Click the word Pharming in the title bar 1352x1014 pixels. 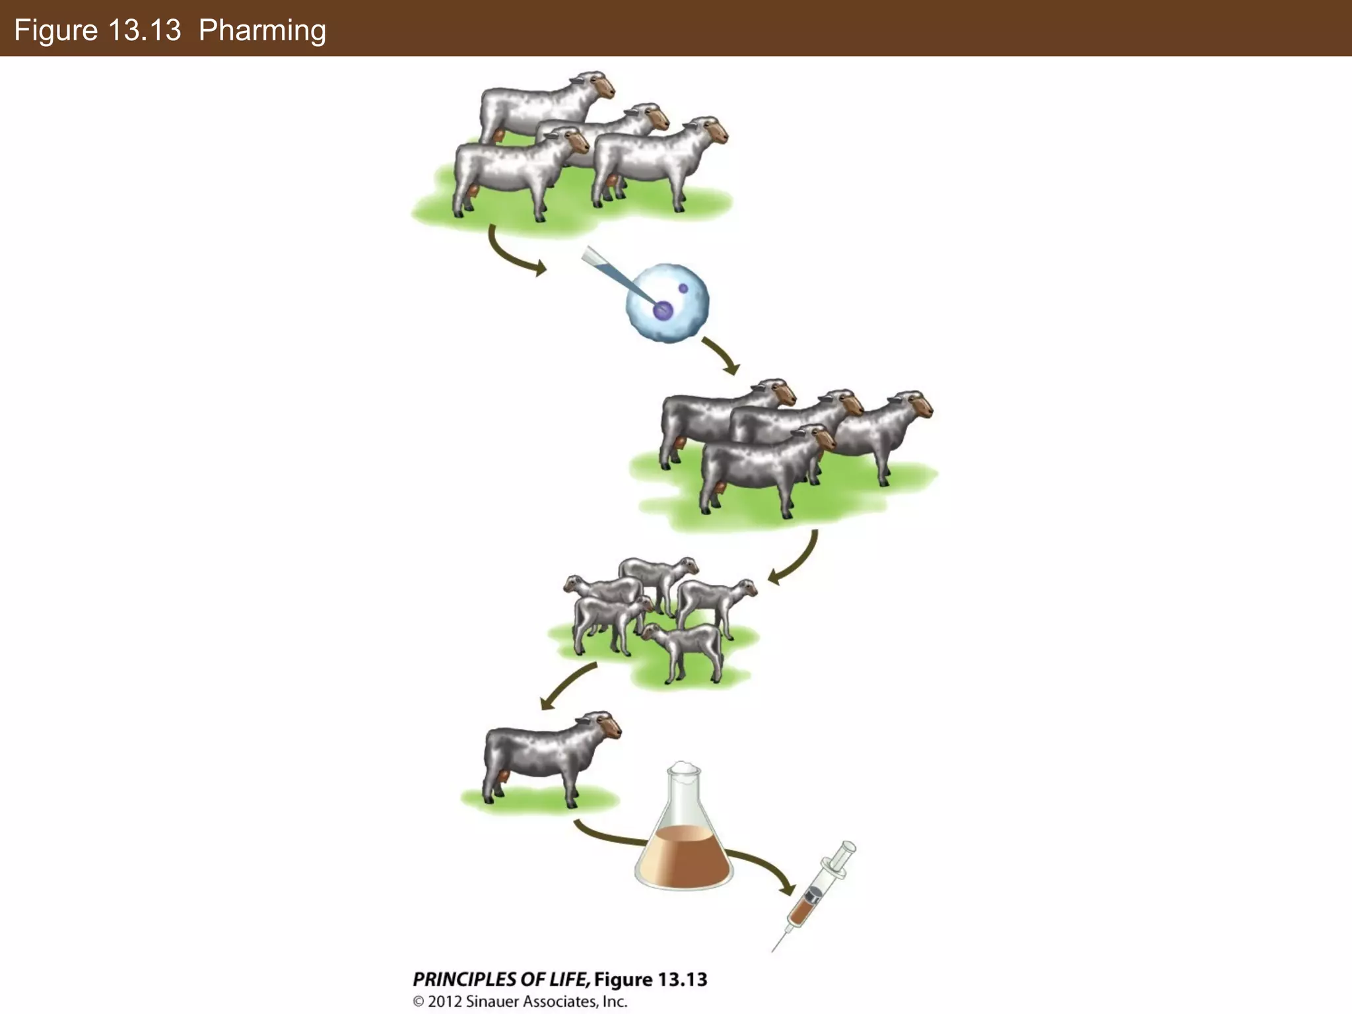coord(262,30)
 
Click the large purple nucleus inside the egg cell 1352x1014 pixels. coord(663,310)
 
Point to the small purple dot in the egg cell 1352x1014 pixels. coord(683,288)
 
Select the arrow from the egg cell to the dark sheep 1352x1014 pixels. coord(721,355)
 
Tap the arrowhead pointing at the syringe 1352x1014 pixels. coord(786,887)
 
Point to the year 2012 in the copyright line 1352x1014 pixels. coord(445,1001)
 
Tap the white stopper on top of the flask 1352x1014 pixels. coord(683,768)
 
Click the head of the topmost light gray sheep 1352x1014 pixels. coord(597,84)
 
